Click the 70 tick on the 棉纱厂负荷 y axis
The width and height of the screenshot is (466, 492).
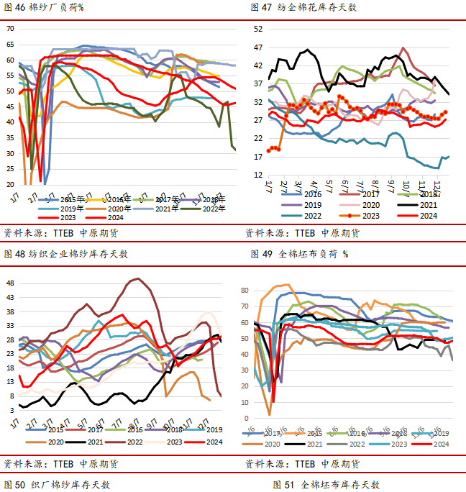tap(10, 29)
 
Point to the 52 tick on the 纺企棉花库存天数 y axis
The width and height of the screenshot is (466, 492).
tap(257, 29)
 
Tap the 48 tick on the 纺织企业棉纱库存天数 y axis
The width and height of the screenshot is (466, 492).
tap(10, 283)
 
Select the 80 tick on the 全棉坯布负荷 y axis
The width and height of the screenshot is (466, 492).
tap(245, 290)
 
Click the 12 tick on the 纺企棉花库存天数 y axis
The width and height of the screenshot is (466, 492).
tap(257, 175)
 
